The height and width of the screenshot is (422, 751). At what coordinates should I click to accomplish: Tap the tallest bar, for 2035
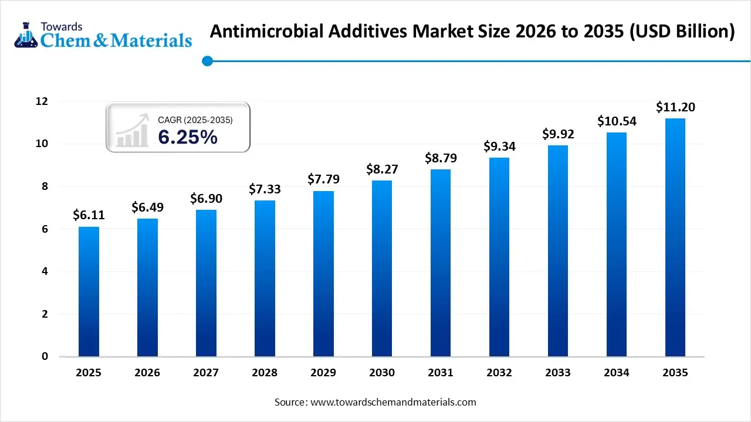675,237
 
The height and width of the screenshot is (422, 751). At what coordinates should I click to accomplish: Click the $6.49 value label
147,207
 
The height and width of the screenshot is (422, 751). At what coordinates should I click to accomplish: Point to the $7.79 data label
323,179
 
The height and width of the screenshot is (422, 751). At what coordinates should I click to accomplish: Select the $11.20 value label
675,107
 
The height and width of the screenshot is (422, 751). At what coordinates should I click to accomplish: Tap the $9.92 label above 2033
558,134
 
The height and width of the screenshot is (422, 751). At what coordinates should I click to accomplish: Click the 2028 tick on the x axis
265,373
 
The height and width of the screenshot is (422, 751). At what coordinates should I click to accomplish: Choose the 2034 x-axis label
617,373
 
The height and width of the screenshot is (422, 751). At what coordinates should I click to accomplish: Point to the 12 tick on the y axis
41,101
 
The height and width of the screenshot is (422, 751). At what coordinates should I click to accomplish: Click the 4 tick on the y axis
45,271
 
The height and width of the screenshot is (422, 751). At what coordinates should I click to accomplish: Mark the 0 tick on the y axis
45,356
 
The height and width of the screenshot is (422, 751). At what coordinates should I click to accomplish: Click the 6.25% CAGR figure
188,137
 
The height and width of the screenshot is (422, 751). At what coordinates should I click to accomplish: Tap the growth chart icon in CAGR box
132,130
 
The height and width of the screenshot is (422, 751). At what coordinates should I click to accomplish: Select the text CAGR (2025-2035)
195,120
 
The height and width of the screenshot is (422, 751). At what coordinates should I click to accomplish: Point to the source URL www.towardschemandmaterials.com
393,402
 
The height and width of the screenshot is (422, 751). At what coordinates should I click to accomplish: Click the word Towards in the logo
62,26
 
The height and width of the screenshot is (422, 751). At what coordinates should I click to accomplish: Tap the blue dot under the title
207,60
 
